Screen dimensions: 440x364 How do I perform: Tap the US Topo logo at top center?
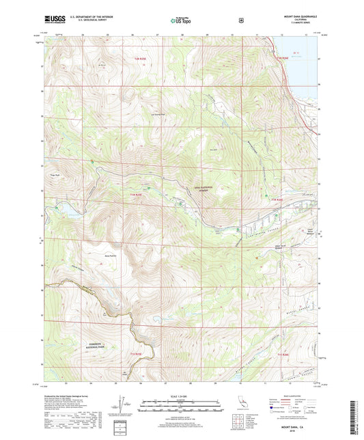click(x=181, y=20)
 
